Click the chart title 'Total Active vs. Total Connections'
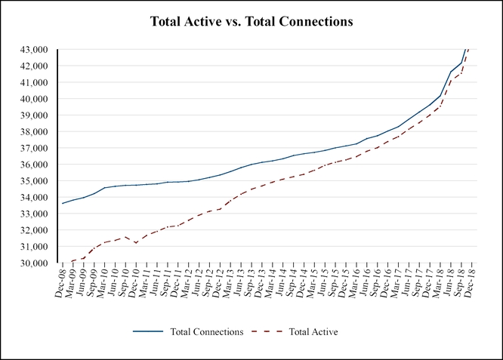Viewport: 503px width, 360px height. (251, 23)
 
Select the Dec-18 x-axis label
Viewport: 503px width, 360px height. (472, 284)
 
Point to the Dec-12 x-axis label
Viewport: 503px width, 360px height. (224, 284)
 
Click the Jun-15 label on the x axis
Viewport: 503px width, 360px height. (328, 284)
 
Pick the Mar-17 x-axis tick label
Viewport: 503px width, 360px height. (400, 284)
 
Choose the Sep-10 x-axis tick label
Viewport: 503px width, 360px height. (131, 284)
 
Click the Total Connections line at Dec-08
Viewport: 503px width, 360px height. (63, 203)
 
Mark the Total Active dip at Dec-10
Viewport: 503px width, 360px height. (135, 243)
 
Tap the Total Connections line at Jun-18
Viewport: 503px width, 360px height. (452, 72)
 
